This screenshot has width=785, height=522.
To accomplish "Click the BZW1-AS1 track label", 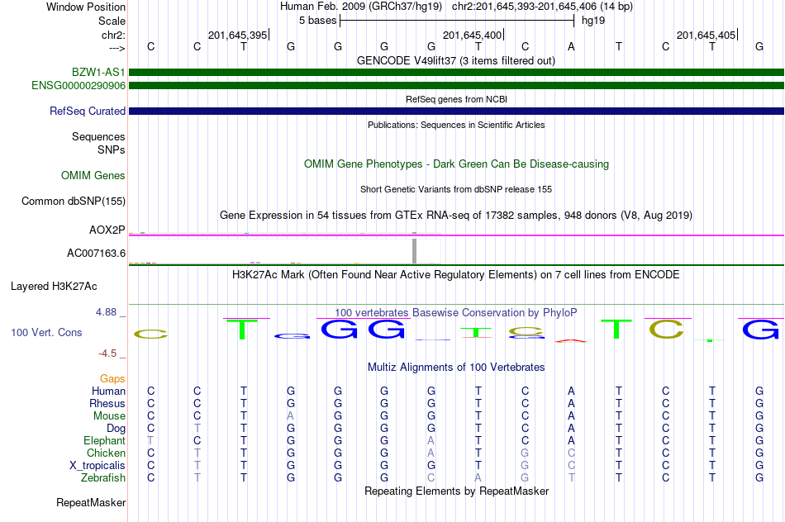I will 98,73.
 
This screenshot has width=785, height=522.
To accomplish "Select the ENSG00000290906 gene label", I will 78,85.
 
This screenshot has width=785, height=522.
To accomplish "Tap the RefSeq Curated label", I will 88,111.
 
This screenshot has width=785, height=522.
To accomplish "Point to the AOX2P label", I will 107,229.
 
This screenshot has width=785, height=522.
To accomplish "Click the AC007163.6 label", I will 96,253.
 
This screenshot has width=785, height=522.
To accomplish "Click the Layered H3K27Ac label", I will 54,287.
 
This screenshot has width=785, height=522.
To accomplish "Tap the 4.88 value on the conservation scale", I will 108,312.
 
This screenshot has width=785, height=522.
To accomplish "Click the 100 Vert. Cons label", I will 46,332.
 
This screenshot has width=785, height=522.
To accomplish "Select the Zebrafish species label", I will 103,477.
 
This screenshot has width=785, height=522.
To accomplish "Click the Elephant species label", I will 104,440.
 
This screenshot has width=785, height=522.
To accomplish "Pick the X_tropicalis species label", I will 98,465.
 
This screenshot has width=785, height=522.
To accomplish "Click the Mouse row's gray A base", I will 290,415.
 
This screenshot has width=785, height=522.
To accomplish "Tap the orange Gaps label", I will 112,378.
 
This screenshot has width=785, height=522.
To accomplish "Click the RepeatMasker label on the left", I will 91,502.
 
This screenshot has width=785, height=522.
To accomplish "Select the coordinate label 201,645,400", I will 472,35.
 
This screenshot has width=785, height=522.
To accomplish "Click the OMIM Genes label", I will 93,175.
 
